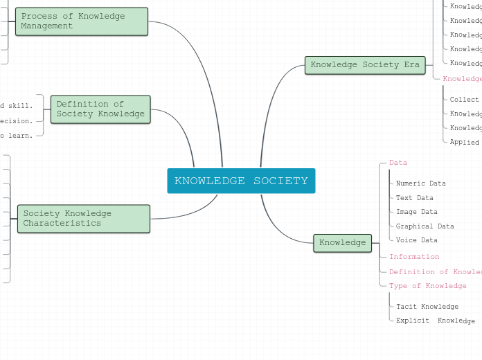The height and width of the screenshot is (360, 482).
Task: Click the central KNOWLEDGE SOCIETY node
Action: tap(241, 181)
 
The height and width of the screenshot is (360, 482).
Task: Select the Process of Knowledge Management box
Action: tap(82, 21)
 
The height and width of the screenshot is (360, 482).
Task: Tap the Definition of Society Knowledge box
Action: tap(100, 109)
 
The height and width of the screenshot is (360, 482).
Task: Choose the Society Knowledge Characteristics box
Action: tap(83, 219)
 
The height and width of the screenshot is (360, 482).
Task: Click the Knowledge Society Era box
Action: tap(365, 65)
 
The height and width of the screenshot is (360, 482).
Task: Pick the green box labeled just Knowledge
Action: tap(343, 243)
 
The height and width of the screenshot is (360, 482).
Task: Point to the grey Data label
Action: tap(398, 163)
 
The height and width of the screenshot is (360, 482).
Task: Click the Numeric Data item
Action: tap(420, 184)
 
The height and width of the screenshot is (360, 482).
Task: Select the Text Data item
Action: tap(414, 198)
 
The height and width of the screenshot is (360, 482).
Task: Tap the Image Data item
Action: tap(416, 213)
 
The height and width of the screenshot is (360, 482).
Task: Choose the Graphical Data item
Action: tap(425, 226)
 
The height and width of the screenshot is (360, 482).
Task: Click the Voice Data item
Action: tap(416, 240)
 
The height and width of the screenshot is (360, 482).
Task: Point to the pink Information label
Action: tap(414, 257)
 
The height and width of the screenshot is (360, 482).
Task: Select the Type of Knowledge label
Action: tap(427, 286)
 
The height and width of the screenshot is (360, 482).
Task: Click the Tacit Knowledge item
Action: tap(427, 307)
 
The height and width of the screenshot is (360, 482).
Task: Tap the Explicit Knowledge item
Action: tap(435, 321)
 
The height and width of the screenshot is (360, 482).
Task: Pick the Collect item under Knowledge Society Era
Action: tap(464, 100)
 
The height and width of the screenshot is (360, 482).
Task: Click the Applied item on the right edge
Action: tap(464, 143)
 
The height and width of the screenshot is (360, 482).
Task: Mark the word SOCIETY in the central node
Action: tap(280, 181)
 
